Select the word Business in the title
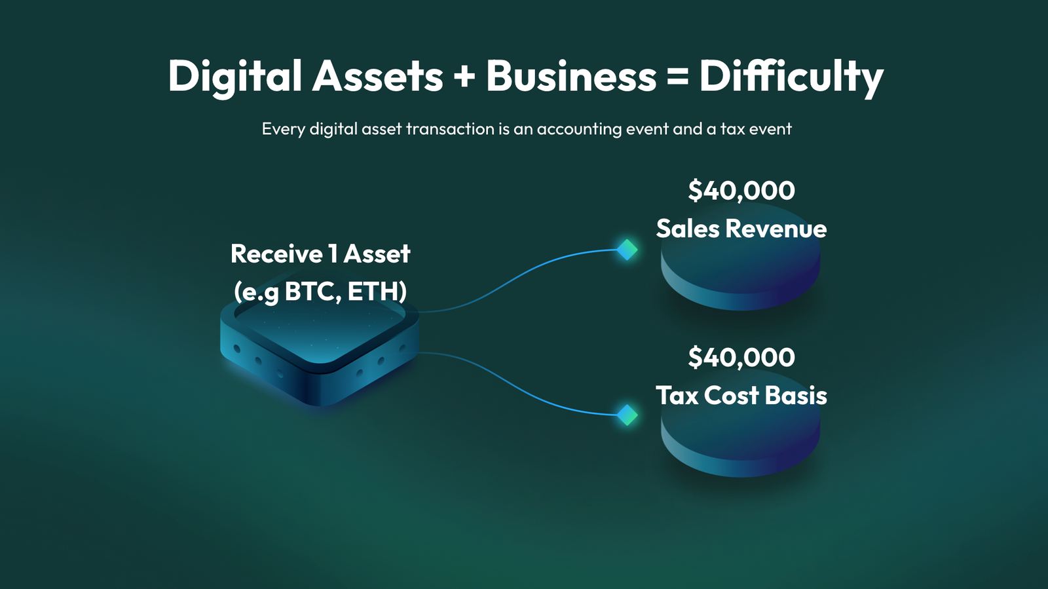click(571, 76)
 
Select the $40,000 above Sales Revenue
click(741, 191)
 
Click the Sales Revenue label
click(741, 229)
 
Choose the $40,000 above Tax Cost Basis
click(741, 358)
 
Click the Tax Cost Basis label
click(741, 395)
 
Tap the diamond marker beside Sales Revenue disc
click(627, 250)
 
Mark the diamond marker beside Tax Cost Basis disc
click(627, 415)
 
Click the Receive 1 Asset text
click(320, 254)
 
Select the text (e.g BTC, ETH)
click(320, 292)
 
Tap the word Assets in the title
click(377, 77)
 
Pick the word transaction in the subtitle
click(450, 129)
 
